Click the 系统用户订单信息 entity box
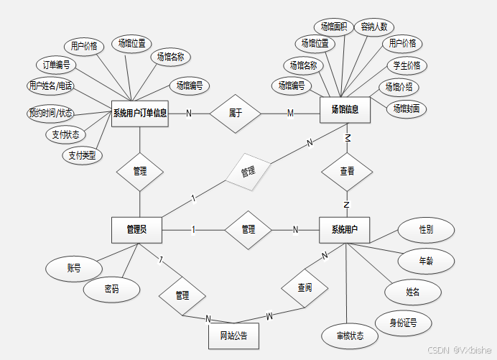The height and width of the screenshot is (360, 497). pyautogui.click(x=140, y=112)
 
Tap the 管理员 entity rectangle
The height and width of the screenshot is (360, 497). pyautogui.click(x=136, y=229)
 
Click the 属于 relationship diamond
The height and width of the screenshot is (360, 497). pyautogui.click(x=235, y=113)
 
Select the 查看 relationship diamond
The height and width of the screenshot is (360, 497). pyautogui.click(x=347, y=172)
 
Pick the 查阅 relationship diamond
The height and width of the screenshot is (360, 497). pyautogui.click(x=305, y=287)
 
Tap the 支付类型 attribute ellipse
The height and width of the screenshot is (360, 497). pyautogui.click(x=82, y=154)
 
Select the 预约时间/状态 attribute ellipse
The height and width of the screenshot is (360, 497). pyautogui.click(x=51, y=113)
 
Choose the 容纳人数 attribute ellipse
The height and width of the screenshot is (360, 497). pyautogui.click(x=374, y=27)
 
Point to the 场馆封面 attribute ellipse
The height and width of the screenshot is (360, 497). pyautogui.click(x=407, y=109)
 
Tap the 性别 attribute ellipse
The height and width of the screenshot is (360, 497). pyautogui.click(x=426, y=230)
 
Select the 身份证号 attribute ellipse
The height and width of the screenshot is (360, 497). pyautogui.click(x=403, y=323)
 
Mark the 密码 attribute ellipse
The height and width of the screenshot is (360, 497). pyautogui.click(x=111, y=289)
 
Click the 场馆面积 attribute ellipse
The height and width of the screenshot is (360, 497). pyautogui.click(x=334, y=27)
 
